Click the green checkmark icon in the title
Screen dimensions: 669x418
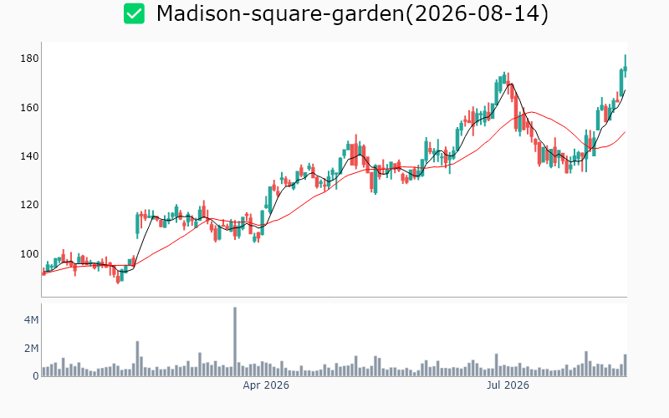tap(134, 13)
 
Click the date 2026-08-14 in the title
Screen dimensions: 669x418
tap(481, 13)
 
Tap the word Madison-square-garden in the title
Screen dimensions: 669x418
tap(280, 14)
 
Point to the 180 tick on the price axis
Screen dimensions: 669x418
tap(29, 59)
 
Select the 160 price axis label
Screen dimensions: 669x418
tap(29, 108)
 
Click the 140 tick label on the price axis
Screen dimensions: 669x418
tap(29, 156)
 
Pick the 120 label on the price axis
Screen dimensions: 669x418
tap(29, 205)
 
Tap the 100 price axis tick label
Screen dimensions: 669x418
tap(29, 254)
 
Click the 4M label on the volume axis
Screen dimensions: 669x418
tap(31, 320)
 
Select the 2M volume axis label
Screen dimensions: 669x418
tap(31, 349)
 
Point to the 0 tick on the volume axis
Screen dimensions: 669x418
tap(36, 375)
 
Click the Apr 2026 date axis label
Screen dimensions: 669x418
tap(266, 385)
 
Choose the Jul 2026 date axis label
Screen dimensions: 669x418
tap(508, 385)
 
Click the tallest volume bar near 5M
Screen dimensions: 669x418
tap(235, 342)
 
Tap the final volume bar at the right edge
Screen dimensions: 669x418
tap(626, 365)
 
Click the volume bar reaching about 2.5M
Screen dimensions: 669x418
tap(137, 359)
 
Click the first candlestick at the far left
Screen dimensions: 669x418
tap(43, 273)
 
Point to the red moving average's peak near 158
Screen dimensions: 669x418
tap(531, 112)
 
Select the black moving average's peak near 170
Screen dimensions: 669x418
tap(511, 84)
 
